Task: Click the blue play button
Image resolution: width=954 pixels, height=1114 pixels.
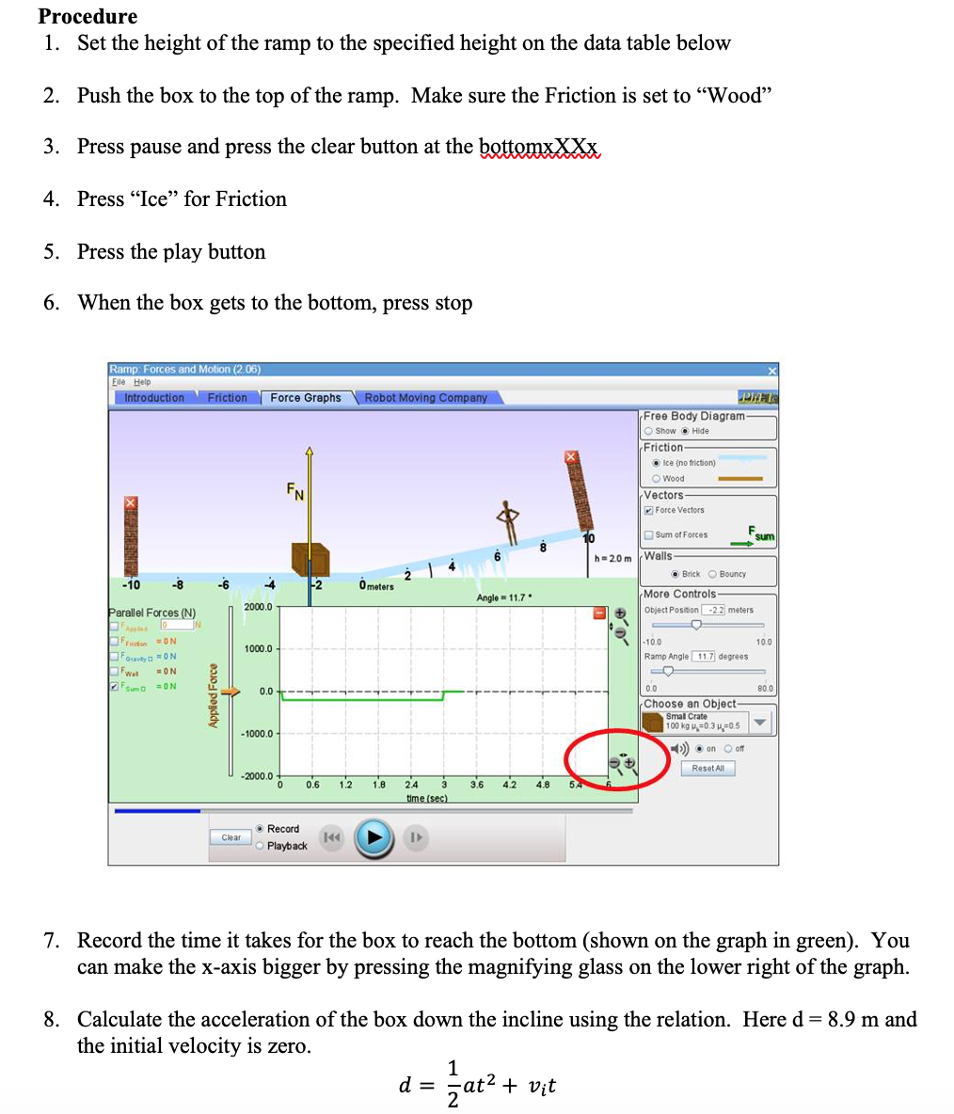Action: coord(374,836)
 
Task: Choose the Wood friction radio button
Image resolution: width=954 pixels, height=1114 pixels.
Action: coord(656,478)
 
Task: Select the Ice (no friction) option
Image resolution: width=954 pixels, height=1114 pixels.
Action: coord(656,463)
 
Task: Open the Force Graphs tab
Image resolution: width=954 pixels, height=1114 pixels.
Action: coord(305,398)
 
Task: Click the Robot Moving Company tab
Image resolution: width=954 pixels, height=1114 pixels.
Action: coord(425,398)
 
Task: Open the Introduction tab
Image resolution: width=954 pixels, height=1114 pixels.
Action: coord(154,398)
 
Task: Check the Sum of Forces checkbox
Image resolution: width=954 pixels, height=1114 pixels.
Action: coord(648,535)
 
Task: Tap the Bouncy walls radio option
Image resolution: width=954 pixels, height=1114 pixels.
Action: coord(712,574)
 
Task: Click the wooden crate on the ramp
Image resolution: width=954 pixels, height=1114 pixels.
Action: coord(310,559)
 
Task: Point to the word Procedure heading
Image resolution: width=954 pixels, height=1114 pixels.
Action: coord(87,16)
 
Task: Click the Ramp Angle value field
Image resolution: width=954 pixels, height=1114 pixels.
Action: coord(704,656)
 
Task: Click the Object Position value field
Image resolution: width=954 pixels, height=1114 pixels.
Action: coord(713,610)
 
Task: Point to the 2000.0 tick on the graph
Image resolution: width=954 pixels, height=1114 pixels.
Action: coord(258,607)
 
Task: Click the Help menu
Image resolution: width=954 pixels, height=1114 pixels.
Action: coord(142,382)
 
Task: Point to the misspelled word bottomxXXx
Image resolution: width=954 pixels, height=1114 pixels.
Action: coord(539,147)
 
